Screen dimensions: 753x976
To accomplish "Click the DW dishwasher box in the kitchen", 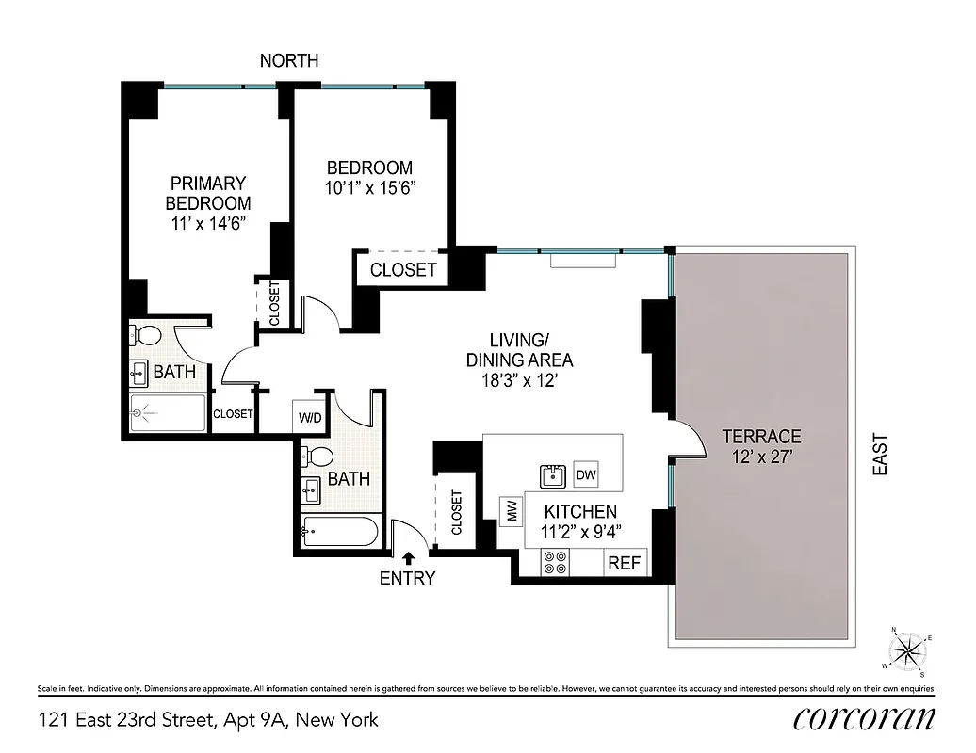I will [x=586, y=475].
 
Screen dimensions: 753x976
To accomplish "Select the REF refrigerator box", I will [x=625, y=563].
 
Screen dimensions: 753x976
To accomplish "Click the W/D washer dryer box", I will [x=310, y=417].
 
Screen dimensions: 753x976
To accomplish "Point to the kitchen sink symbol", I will [x=552, y=476].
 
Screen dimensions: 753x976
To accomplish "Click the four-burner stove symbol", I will [x=554, y=563].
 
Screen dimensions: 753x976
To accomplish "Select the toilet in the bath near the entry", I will [x=317, y=457].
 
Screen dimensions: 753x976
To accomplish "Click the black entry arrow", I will [x=408, y=559].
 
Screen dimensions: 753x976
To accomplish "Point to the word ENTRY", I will [x=407, y=579].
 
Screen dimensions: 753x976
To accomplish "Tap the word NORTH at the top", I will [x=289, y=61].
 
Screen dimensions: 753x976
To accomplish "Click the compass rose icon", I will [x=907, y=649].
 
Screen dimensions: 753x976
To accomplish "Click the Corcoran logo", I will [x=865, y=718].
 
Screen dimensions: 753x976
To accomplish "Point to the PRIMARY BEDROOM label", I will [x=208, y=193].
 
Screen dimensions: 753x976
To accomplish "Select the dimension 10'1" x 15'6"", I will [x=370, y=187].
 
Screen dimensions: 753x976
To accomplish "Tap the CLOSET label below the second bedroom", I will [x=403, y=270].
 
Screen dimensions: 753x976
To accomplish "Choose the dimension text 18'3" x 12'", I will [x=519, y=380].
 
